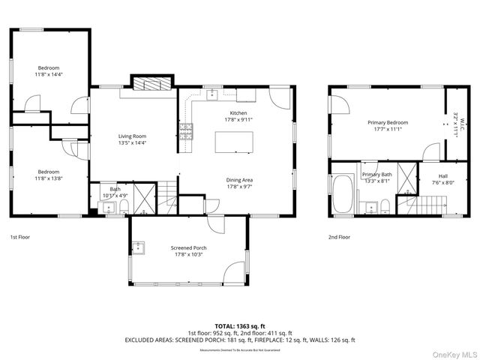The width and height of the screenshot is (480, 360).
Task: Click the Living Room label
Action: point(132,136)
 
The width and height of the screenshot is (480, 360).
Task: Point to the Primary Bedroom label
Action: point(387,122)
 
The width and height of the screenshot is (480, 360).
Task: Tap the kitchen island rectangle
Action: point(233,142)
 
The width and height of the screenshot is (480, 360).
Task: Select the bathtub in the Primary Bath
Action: point(344,193)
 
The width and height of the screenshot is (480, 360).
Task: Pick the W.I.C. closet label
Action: point(459,122)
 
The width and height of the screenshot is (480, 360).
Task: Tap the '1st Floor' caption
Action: point(20,237)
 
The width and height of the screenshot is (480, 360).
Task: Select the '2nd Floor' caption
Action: point(339,237)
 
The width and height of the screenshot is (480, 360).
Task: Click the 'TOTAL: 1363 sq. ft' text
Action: point(239,325)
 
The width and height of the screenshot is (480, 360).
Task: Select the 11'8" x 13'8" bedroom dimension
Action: point(49,178)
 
